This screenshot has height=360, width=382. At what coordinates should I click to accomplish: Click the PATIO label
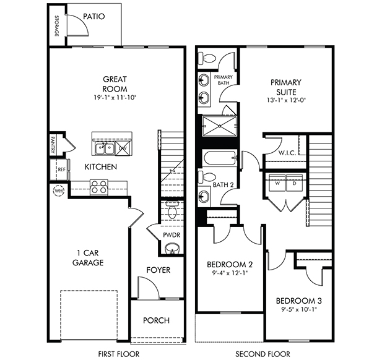[x=94, y=17]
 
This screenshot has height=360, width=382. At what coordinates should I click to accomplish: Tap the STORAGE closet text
[x=56, y=26]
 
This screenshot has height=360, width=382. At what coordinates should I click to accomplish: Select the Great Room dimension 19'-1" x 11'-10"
[x=115, y=98]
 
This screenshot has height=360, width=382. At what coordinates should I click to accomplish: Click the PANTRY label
[x=53, y=145]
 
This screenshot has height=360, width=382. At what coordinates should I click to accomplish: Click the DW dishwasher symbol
[x=123, y=148]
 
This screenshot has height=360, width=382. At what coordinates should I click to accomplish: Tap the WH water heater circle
[x=58, y=191]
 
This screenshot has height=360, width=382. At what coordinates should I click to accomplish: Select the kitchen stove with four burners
[x=99, y=187]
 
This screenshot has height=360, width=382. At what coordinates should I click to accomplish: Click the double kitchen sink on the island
[x=105, y=148]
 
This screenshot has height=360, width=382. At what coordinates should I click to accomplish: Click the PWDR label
[x=171, y=235]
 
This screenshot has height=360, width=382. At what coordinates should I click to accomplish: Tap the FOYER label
[x=158, y=270]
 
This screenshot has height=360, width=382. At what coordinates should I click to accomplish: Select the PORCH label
[x=156, y=320]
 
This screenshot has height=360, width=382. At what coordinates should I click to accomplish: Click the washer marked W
[x=277, y=182]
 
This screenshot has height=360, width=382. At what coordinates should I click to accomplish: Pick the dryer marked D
[x=294, y=182]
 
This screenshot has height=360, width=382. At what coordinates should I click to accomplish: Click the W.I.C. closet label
[x=287, y=153]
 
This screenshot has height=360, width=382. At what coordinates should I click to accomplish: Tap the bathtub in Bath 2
[x=219, y=158]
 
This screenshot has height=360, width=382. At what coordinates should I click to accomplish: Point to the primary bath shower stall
[x=220, y=126]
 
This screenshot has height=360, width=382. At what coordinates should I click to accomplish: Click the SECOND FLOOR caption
[x=263, y=354]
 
